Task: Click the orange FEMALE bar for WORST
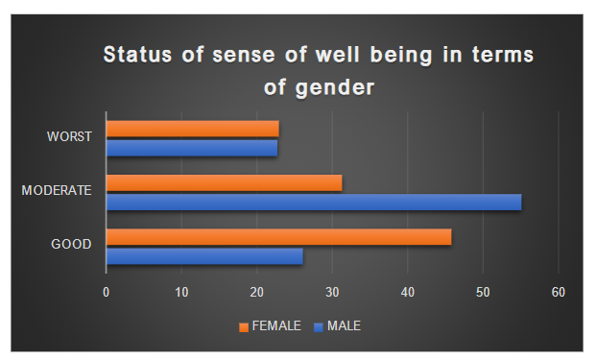click(192, 128)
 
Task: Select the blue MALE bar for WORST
click(191, 148)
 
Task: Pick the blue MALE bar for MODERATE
click(313, 202)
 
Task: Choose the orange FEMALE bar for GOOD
click(278, 237)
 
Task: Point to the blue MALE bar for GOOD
click(203, 256)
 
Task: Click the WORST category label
click(69, 136)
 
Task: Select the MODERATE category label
click(57, 191)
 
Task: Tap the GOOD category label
click(71, 245)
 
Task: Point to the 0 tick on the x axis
click(106, 291)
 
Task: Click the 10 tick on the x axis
click(181, 291)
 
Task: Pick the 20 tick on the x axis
click(256, 291)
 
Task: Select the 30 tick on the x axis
click(332, 291)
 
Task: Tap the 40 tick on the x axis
click(408, 291)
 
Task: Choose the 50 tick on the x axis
click(483, 291)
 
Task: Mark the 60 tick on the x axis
click(559, 291)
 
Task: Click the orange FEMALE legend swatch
click(244, 326)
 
